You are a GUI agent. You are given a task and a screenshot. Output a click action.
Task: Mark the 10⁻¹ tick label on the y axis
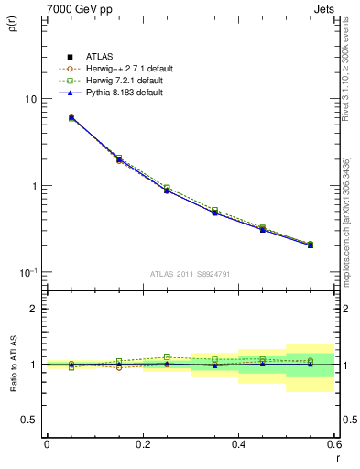click(27, 272)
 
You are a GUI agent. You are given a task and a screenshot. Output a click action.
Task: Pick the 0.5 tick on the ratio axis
click(30, 420)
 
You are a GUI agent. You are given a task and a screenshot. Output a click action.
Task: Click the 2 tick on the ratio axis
click(34, 309)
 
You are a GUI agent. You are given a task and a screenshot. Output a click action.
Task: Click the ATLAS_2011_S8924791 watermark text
click(190, 274)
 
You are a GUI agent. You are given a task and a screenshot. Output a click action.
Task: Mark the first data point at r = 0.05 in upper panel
click(71, 117)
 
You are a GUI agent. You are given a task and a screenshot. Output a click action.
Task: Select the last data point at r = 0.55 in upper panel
click(311, 245)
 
